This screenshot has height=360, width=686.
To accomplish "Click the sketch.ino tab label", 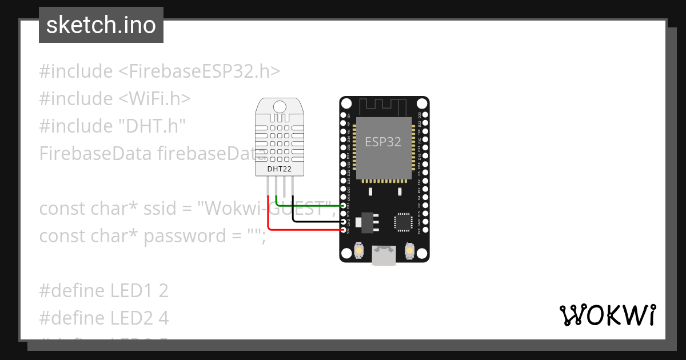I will coord(101,25).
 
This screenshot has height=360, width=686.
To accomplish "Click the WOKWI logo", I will coord(607,315).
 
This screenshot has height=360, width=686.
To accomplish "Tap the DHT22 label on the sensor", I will coord(279,169).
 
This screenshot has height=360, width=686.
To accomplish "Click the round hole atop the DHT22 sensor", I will coord(280,106).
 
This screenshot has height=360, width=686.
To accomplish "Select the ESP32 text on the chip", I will coord(383,142).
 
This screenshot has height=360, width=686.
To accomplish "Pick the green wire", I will coord(309,205).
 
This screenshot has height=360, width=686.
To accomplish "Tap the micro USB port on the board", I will coord(384,255).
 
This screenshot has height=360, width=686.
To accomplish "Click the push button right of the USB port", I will coord(409,250).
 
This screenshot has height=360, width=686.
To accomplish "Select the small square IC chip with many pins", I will coord(403,221).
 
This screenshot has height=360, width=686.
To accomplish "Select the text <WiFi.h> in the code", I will coord(155,99).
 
